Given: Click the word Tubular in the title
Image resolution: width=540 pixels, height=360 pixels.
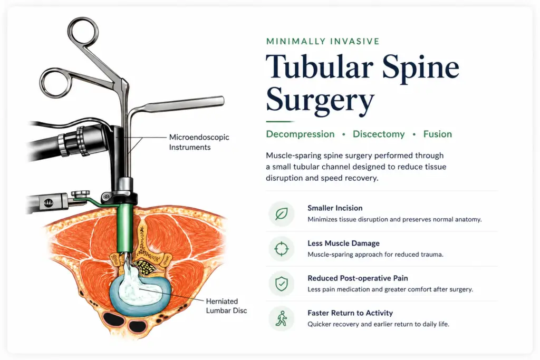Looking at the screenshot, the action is point(320,66).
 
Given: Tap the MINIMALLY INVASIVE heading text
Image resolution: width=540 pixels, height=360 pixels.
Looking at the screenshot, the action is point(323,41).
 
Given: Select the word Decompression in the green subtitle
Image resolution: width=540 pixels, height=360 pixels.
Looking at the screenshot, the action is point(300,134).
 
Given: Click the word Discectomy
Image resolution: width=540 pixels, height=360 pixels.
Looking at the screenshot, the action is point(379,134).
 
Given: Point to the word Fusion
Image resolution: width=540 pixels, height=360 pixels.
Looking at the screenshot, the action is point(437,134).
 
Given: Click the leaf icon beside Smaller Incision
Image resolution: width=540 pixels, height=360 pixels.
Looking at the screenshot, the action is point(282,213).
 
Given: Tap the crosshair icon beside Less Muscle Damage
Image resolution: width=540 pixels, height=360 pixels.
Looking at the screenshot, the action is point(282,249).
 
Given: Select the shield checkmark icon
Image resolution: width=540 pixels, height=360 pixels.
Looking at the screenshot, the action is point(282,284).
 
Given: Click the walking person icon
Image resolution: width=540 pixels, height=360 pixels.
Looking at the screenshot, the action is point(282,318).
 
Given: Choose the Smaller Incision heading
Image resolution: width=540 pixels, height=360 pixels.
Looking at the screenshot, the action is point(335,208).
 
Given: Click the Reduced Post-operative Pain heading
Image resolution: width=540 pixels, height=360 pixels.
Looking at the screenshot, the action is point(358,278).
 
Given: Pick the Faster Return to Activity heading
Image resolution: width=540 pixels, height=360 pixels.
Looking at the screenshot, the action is point(350,313).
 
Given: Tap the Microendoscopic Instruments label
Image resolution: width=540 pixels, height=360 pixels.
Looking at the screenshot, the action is point(199,142).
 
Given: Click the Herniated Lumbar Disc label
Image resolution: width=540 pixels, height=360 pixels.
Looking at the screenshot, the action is point(226,306).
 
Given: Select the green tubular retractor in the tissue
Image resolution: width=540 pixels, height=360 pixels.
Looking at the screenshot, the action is point(124,228).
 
